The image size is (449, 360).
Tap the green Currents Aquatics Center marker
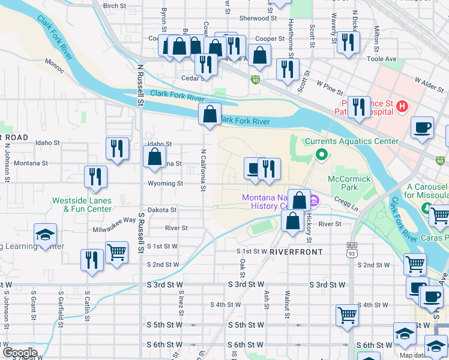tap(321, 155)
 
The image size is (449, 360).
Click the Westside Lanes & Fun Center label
tap(82, 205)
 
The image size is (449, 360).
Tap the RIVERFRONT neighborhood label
tap(297, 252)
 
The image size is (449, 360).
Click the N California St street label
tap(203, 170)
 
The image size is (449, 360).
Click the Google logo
tap(20, 352)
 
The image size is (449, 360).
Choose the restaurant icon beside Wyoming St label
tap(95, 176)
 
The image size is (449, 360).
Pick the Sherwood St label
tap(258, 19)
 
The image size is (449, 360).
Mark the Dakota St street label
tap(164, 210)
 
